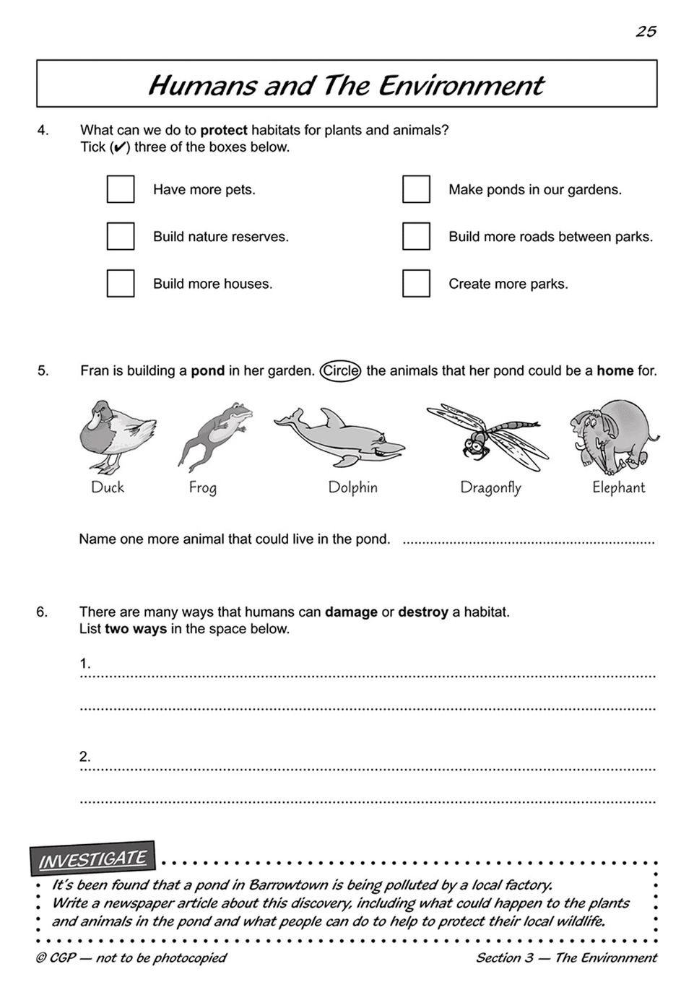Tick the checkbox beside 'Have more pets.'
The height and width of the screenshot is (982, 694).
pyautogui.click(x=121, y=189)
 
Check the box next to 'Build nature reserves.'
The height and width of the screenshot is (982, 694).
pyautogui.click(x=121, y=236)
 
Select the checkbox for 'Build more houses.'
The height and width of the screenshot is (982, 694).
pyautogui.click(x=121, y=283)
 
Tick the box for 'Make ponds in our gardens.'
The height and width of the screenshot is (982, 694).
pyautogui.click(x=416, y=189)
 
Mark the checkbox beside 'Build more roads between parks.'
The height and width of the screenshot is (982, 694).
pyautogui.click(x=416, y=236)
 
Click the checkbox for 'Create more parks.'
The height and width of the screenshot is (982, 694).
pyautogui.click(x=416, y=283)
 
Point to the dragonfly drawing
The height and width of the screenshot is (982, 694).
pyautogui.click(x=488, y=437)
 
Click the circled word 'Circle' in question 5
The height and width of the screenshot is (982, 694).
pyautogui.click(x=340, y=371)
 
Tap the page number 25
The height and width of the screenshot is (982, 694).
pyautogui.click(x=646, y=31)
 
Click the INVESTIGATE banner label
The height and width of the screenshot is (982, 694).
pyautogui.click(x=92, y=859)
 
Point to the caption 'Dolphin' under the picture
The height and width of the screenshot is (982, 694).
pyautogui.click(x=352, y=487)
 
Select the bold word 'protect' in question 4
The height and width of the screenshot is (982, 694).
pyautogui.click(x=224, y=131)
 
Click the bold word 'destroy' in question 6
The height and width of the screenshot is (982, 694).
pyautogui.click(x=423, y=612)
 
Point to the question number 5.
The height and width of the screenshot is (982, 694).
pyautogui.click(x=43, y=371)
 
